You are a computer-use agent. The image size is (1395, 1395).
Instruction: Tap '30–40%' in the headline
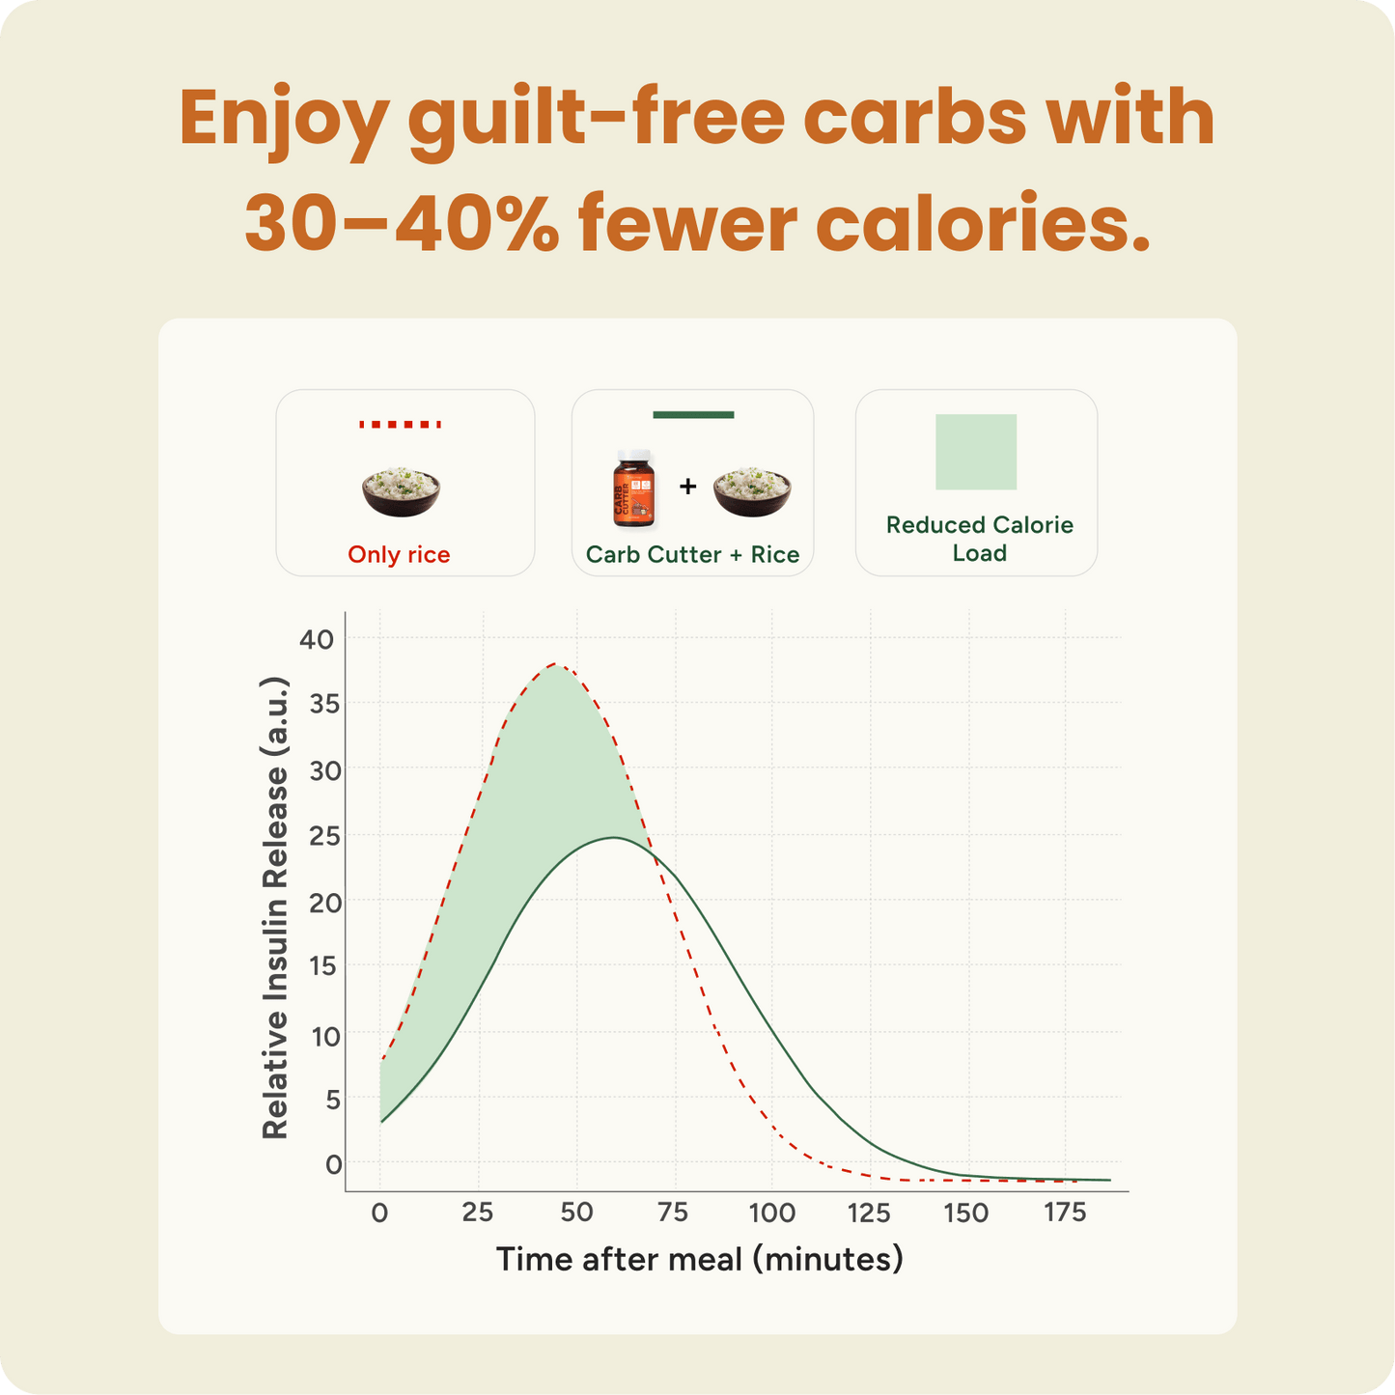click(401, 223)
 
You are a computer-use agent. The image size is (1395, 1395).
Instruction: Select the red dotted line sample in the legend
click(400, 424)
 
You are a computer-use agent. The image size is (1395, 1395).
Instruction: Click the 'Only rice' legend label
click(399, 555)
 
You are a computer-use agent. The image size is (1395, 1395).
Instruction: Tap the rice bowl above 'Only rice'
click(401, 490)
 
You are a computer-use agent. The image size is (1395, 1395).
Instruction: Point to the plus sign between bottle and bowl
click(687, 486)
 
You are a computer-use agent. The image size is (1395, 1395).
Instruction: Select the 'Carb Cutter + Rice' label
click(692, 555)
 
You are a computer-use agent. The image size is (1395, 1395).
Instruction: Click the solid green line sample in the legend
click(693, 415)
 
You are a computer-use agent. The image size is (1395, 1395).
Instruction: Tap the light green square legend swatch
click(976, 452)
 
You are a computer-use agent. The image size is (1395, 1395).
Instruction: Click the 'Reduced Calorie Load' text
click(979, 539)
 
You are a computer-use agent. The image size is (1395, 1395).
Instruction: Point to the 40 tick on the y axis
click(317, 639)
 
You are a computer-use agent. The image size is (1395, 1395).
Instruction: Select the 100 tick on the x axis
click(772, 1214)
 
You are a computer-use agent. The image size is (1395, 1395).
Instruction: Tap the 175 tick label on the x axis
click(1065, 1214)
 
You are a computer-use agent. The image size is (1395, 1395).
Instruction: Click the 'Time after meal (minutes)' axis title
click(699, 1260)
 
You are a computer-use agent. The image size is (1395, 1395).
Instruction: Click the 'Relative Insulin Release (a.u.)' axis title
click(275, 907)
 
